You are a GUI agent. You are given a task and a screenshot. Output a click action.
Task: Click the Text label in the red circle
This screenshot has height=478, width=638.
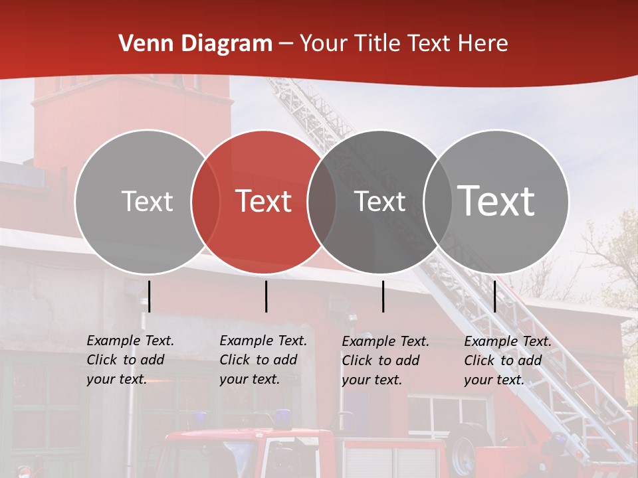click(x=264, y=201)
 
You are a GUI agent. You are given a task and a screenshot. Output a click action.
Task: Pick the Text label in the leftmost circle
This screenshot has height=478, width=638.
click(x=147, y=201)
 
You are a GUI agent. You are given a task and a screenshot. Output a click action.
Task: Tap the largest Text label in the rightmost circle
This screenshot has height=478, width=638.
click(x=496, y=200)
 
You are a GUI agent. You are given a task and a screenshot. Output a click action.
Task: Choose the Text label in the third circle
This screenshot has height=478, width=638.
click(x=380, y=201)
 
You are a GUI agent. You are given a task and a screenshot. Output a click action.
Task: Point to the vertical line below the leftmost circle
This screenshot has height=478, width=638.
click(x=150, y=296)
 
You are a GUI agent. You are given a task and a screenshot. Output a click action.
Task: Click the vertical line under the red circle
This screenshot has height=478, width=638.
click(x=266, y=296)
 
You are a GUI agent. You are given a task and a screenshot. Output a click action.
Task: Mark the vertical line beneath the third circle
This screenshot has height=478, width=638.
click(x=383, y=296)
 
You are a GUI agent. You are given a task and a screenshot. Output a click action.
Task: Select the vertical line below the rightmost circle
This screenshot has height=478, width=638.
click(x=494, y=296)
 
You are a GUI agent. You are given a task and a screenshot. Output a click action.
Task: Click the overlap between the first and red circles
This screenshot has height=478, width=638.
click(x=205, y=201)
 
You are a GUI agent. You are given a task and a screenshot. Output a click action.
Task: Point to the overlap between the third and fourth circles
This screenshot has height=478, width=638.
click(x=437, y=201)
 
